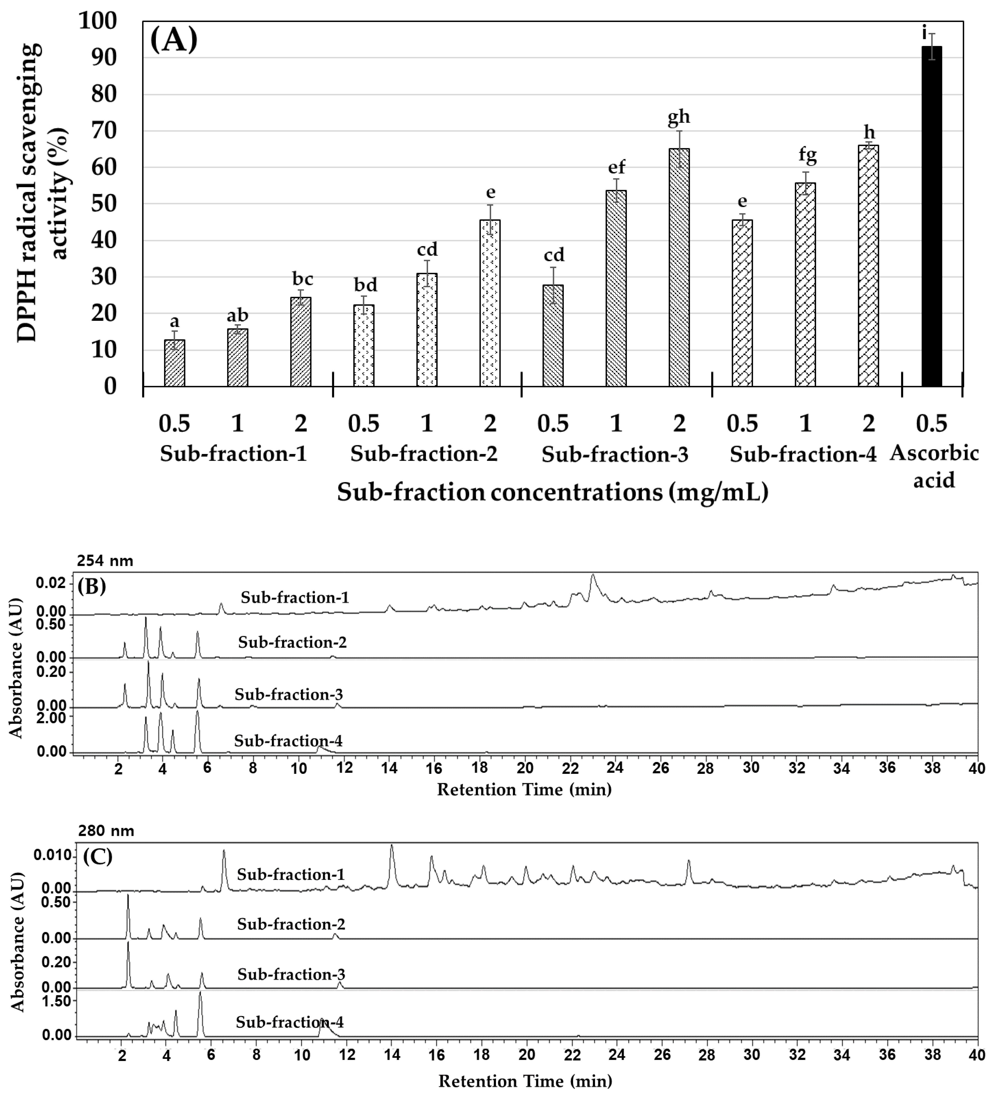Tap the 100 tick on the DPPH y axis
(x=98, y=22)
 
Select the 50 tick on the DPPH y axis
(x=103, y=204)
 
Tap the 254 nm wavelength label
(x=105, y=561)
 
